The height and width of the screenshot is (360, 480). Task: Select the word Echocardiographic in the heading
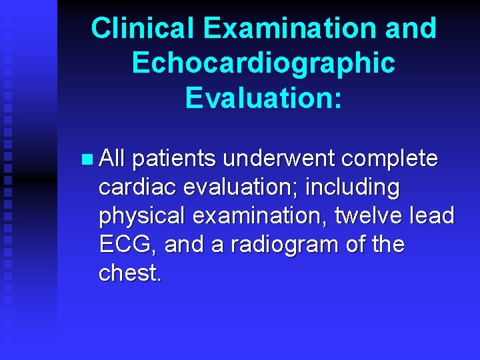(263, 63)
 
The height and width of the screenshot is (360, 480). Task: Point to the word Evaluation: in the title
(263, 97)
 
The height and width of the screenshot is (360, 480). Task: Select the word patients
(174, 159)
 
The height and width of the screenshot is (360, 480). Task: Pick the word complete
(389, 159)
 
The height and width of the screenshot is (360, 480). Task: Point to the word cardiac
(135, 188)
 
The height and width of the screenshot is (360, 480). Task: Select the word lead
(434, 216)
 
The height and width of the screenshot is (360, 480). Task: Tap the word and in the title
(410, 29)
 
